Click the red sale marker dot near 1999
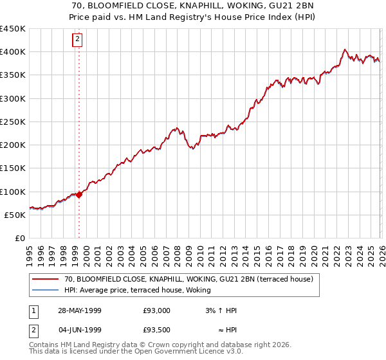click(x=79, y=194)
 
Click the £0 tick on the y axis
click(x=21, y=238)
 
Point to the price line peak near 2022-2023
click(x=345, y=50)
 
